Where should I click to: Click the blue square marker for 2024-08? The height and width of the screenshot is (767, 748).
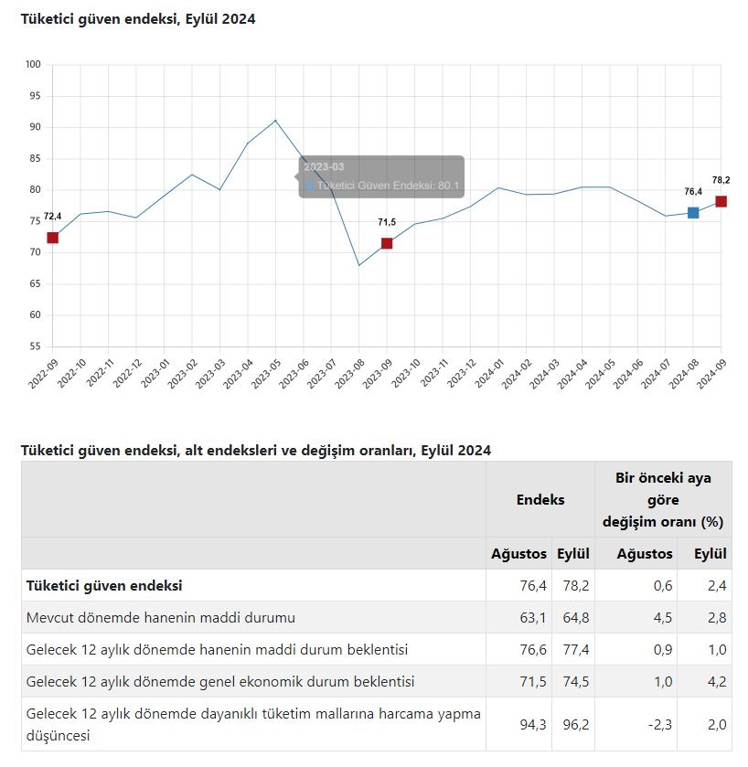tap(693, 212)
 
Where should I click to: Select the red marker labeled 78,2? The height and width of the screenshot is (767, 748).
tap(721, 201)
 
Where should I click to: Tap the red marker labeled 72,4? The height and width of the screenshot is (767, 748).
tap(52, 238)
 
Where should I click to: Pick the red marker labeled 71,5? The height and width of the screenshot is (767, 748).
tap(387, 243)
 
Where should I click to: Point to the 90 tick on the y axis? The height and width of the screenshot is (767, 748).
tap(35, 127)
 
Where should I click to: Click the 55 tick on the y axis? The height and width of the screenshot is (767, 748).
tap(35, 346)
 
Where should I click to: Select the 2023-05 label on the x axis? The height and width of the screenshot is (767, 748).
tap(265, 374)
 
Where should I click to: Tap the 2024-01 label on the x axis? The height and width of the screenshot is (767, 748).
tap(488, 374)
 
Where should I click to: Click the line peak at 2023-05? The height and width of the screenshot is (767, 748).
tap(275, 121)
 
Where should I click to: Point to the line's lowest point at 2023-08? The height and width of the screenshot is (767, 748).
tap(359, 265)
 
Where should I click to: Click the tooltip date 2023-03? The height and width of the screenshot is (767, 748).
tap(324, 166)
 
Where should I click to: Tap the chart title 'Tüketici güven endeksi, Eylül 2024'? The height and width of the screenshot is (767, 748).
tap(138, 19)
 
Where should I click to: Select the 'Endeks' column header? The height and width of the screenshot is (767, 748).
tap(540, 499)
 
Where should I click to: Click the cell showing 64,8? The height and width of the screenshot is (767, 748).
tap(576, 617)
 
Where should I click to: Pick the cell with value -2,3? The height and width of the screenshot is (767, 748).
tap(659, 724)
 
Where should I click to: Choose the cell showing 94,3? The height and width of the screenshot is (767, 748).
tap(533, 724)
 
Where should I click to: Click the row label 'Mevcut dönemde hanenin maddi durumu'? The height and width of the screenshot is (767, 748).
tap(160, 617)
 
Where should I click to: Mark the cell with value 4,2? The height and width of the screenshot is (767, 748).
tap(717, 681)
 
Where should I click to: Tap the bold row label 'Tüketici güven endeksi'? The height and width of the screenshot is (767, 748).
tap(104, 585)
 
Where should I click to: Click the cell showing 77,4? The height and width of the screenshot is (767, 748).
tap(576, 650)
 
